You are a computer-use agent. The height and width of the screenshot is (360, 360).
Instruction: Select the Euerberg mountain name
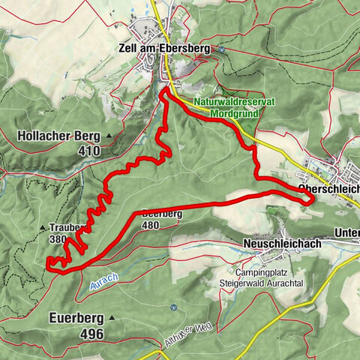tap(73, 317)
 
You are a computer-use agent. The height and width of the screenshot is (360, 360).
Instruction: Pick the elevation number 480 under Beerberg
tap(150, 224)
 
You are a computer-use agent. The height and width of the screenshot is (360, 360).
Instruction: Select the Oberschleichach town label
tap(328, 188)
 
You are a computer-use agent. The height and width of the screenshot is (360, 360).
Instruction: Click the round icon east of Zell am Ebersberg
tap(222, 49)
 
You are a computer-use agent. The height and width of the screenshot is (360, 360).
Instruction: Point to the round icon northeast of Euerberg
tap(173, 306)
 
